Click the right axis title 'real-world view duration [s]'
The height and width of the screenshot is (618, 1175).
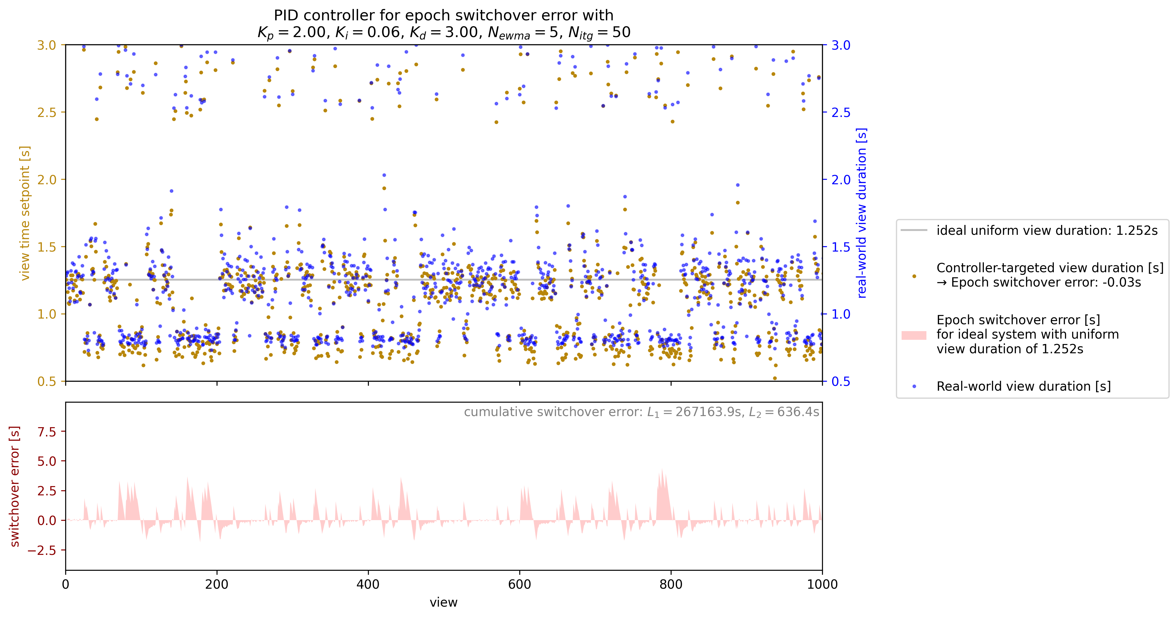click(x=862, y=213)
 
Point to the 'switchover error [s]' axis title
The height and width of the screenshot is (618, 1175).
click(x=15, y=486)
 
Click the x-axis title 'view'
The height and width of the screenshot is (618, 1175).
click(x=443, y=602)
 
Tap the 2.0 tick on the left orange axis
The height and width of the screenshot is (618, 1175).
click(x=47, y=180)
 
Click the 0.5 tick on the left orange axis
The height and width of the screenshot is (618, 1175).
click(x=47, y=381)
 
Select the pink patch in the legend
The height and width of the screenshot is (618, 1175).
click(x=914, y=335)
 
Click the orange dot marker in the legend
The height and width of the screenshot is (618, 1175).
click(x=914, y=276)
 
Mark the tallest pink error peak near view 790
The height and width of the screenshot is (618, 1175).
click(x=662, y=470)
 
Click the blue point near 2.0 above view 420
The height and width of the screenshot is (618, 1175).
click(x=384, y=175)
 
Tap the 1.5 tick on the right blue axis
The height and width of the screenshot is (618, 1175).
click(x=841, y=247)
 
